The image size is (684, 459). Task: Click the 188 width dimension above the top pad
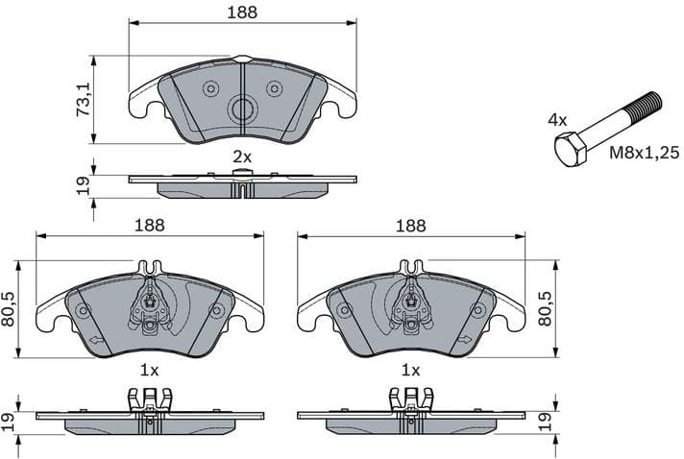(242, 12)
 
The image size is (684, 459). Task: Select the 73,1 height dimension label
(84, 99)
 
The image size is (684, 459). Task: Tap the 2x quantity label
(242, 156)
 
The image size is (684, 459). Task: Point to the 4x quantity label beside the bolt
(557, 120)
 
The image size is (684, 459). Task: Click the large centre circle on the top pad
(242, 109)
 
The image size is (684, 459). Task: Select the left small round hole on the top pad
(210, 88)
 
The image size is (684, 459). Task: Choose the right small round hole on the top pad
(274, 88)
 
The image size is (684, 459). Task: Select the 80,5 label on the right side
(545, 309)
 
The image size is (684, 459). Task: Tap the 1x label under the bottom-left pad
(149, 370)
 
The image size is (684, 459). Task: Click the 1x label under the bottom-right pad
(411, 370)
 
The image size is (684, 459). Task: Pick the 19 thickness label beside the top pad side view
(84, 187)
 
